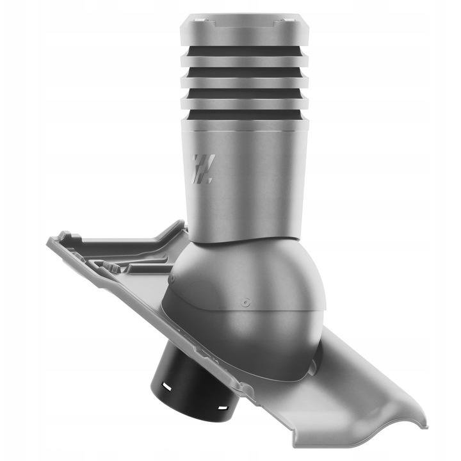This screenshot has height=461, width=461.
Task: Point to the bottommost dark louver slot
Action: point(245,115)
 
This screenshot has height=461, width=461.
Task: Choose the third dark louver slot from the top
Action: point(245,95)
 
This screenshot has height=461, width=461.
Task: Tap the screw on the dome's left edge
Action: point(173,280)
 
